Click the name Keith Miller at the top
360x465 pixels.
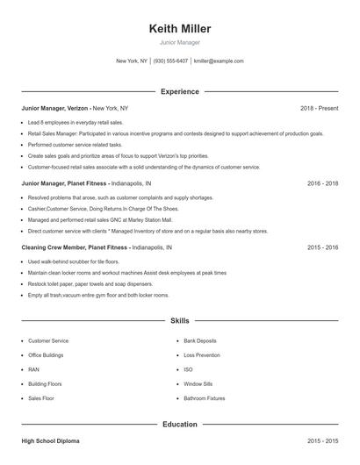[180, 29]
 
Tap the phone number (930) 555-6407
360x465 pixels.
[170, 61]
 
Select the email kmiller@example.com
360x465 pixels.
[219, 61]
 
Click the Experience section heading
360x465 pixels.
[180, 91]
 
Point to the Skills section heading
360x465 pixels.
[180, 322]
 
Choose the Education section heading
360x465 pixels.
[180, 424]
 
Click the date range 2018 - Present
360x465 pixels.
[319, 108]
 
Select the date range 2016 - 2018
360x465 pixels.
[322, 184]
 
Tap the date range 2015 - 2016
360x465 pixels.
[322, 248]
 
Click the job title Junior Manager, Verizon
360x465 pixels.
[54, 108]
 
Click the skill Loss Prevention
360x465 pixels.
[202, 355]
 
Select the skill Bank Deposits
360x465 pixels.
[200, 340]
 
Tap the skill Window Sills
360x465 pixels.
[198, 384]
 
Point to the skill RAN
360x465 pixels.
[33, 370]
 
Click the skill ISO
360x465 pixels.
[188, 370]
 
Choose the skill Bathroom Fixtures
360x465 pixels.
[204, 399]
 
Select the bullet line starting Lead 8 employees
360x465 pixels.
[76, 123]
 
